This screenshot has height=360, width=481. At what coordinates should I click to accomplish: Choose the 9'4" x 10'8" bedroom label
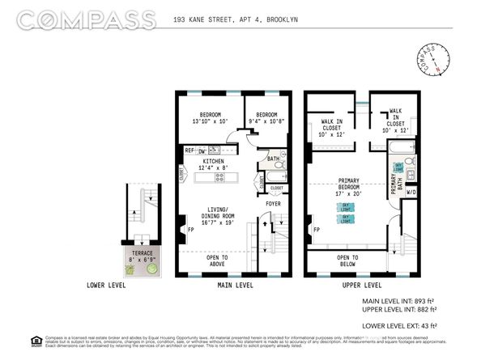pyautogui.click(x=266, y=119)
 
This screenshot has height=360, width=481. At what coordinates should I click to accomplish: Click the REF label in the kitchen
pyautogui.click(x=188, y=150)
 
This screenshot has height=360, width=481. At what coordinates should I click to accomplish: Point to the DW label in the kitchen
pyautogui.click(x=203, y=150)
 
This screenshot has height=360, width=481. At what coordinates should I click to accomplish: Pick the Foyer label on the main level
pyautogui.click(x=272, y=204)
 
